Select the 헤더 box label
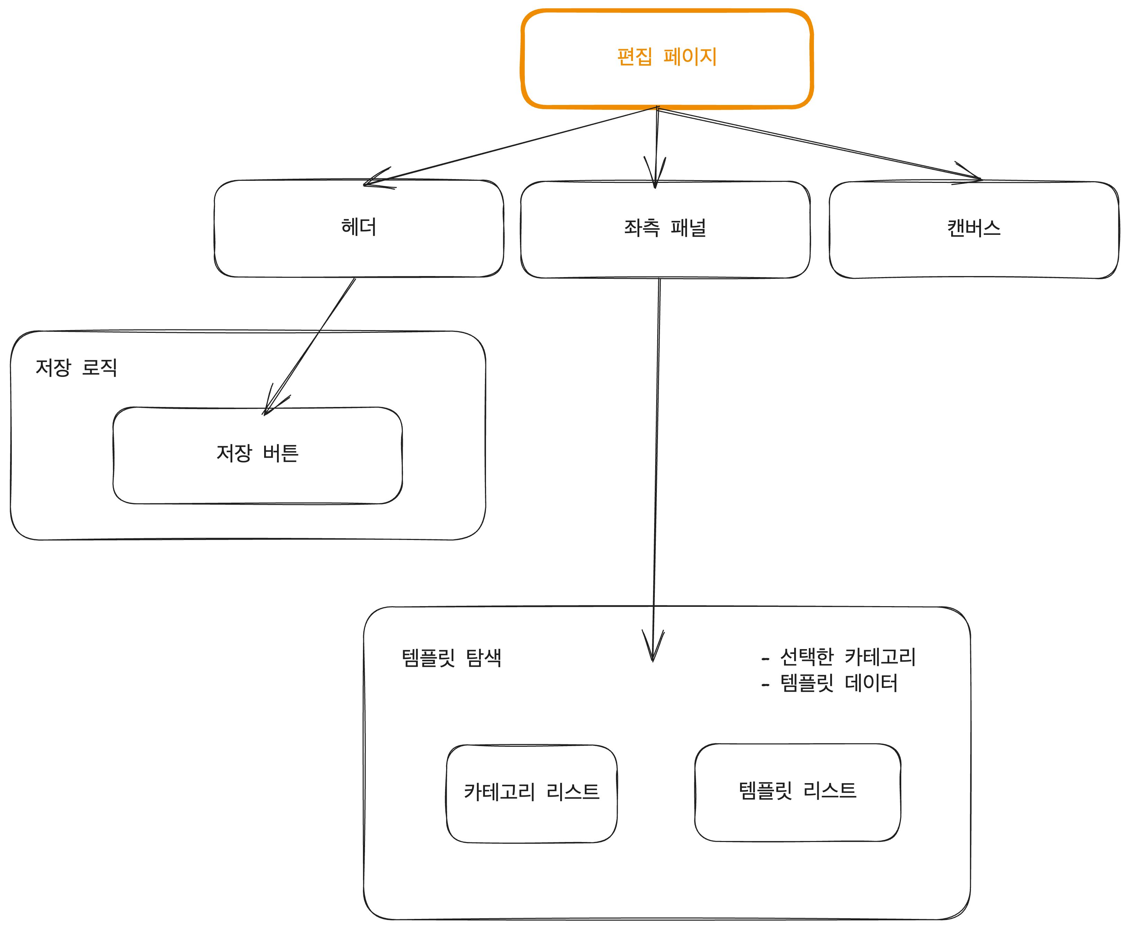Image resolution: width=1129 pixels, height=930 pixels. coord(359,227)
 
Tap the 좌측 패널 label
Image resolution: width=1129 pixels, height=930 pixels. coord(665,228)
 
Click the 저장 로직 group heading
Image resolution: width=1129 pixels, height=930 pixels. coord(76,367)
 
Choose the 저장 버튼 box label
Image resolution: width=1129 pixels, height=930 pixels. coord(257,453)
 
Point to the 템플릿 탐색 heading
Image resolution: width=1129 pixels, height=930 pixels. coord(451,657)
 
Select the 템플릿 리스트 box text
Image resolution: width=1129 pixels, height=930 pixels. coord(797,790)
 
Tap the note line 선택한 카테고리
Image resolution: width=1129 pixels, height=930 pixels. coord(847,656)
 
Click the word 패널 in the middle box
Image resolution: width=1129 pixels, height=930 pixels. coord(688,228)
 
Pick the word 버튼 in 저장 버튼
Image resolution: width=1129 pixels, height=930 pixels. coord(280,453)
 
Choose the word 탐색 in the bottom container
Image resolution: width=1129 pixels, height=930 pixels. coord(484,657)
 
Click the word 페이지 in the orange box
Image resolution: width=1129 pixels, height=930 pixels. coord(689,56)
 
